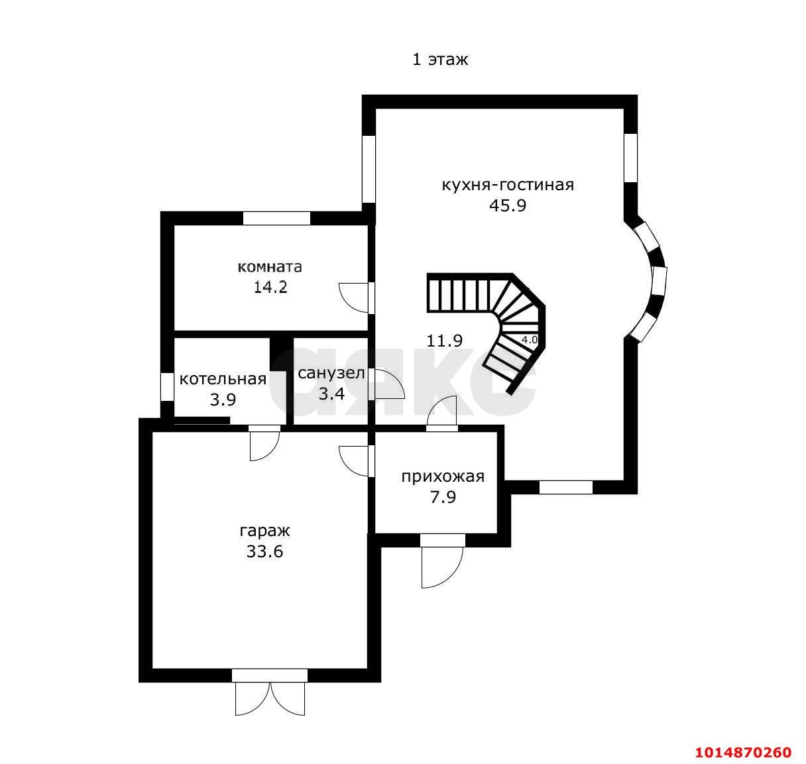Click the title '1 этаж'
(x=439, y=60)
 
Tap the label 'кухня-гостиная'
(x=508, y=186)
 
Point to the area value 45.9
(x=508, y=205)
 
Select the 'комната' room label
(x=270, y=267)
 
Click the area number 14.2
(x=270, y=287)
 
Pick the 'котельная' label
(x=223, y=379)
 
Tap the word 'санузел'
(x=331, y=374)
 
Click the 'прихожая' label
(x=443, y=476)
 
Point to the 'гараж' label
(x=265, y=531)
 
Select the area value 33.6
(x=265, y=552)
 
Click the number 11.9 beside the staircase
(x=444, y=341)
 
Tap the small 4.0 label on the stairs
(x=530, y=340)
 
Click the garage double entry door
(x=270, y=697)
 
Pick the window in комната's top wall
(x=276, y=218)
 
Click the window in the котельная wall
(x=167, y=387)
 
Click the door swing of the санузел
(x=386, y=384)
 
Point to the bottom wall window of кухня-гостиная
(x=566, y=487)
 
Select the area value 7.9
(x=443, y=497)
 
